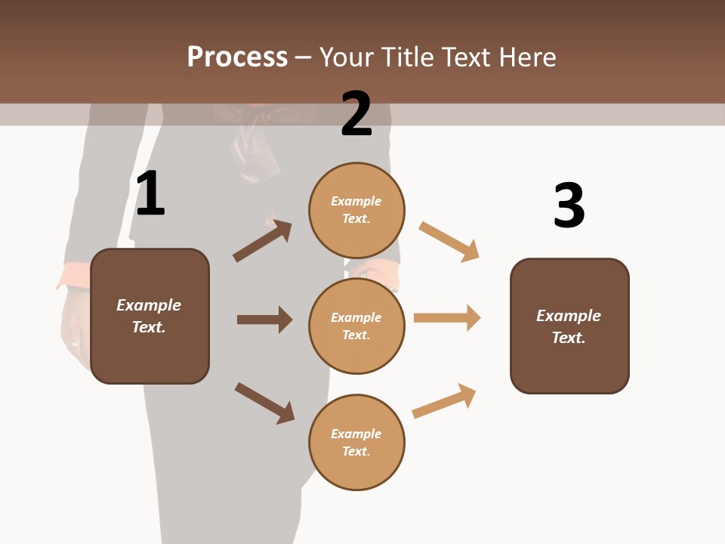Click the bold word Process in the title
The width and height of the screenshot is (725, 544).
pyautogui.click(x=237, y=57)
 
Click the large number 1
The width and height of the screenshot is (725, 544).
pyautogui.click(x=150, y=194)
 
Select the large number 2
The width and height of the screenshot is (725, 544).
pyautogui.click(x=356, y=114)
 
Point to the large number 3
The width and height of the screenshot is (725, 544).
pyautogui.click(x=569, y=206)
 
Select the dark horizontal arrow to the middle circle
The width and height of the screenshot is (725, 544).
pyautogui.click(x=264, y=320)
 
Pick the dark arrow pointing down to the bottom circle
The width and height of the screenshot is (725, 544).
pyautogui.click(x=264, y=403)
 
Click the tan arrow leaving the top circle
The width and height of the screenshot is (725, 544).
pyautogui.click(x=449, y=242)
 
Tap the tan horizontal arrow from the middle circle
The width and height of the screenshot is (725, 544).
pyautogui.click(x=447, y=317)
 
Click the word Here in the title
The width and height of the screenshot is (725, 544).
pyautogui.click(x=528, y=57)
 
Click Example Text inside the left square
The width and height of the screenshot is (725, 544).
pyautogui.click(x=149, y=316)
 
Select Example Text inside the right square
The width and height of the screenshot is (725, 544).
pyautogui.click(x=569, y=326)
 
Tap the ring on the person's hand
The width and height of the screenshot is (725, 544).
pyautogui.click(x=75, y=343)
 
